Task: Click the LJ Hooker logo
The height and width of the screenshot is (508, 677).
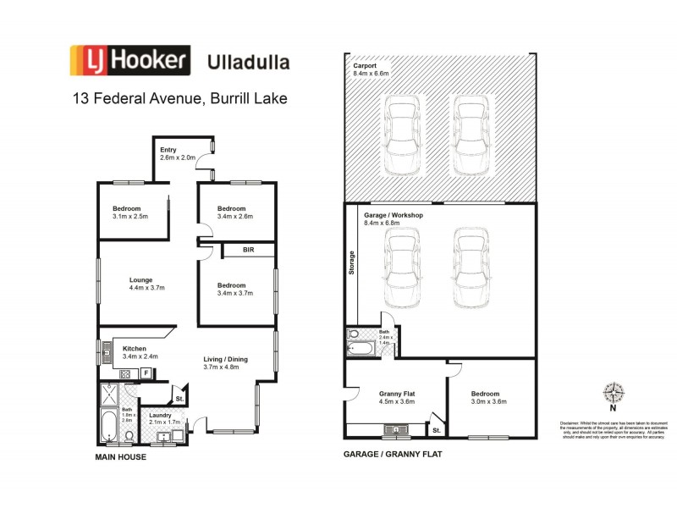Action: tap(129, 61)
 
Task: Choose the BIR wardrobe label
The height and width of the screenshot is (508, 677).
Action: tap(248, 250)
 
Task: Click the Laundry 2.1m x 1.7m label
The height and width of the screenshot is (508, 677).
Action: tap(164, 419)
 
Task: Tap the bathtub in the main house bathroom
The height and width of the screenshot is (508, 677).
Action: tap(110, 426)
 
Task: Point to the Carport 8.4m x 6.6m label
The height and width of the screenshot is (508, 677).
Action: tap(371, 69)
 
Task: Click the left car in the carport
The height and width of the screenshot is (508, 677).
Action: tap(403, 133)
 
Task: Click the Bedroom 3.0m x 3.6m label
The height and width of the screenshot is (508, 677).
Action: tap(486, 398)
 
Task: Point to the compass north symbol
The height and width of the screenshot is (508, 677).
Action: tap(613, 394)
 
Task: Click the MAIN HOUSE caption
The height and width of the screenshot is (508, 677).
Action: tap(120, 457)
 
